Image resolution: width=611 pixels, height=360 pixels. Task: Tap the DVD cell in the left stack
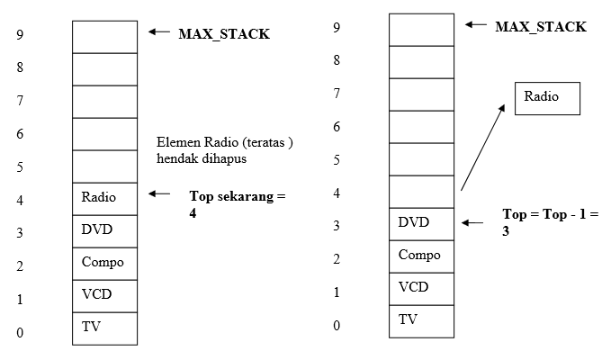pos(104,230)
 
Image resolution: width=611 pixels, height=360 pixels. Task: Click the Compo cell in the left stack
pos(104,263)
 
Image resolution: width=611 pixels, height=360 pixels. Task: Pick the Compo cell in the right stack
pos(421,256)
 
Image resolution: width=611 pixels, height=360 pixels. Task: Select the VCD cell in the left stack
pos(104,295)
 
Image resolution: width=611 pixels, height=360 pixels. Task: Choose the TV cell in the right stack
pos(421,320)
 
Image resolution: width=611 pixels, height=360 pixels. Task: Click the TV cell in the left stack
pos(104,328)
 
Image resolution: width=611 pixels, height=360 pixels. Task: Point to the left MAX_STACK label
pos(224,34)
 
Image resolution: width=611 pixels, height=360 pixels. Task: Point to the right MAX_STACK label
pos(541,27)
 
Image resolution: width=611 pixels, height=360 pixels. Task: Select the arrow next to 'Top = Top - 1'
pos(474,221)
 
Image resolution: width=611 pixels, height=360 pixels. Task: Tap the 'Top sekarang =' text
pos(237,195)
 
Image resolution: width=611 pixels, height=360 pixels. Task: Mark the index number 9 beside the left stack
pos(19,35)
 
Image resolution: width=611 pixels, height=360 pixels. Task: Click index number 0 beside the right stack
pos(337,325)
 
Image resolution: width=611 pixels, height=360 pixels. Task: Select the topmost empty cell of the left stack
pos(104,36)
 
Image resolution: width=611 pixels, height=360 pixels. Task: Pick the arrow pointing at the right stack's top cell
pos(475,25)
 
